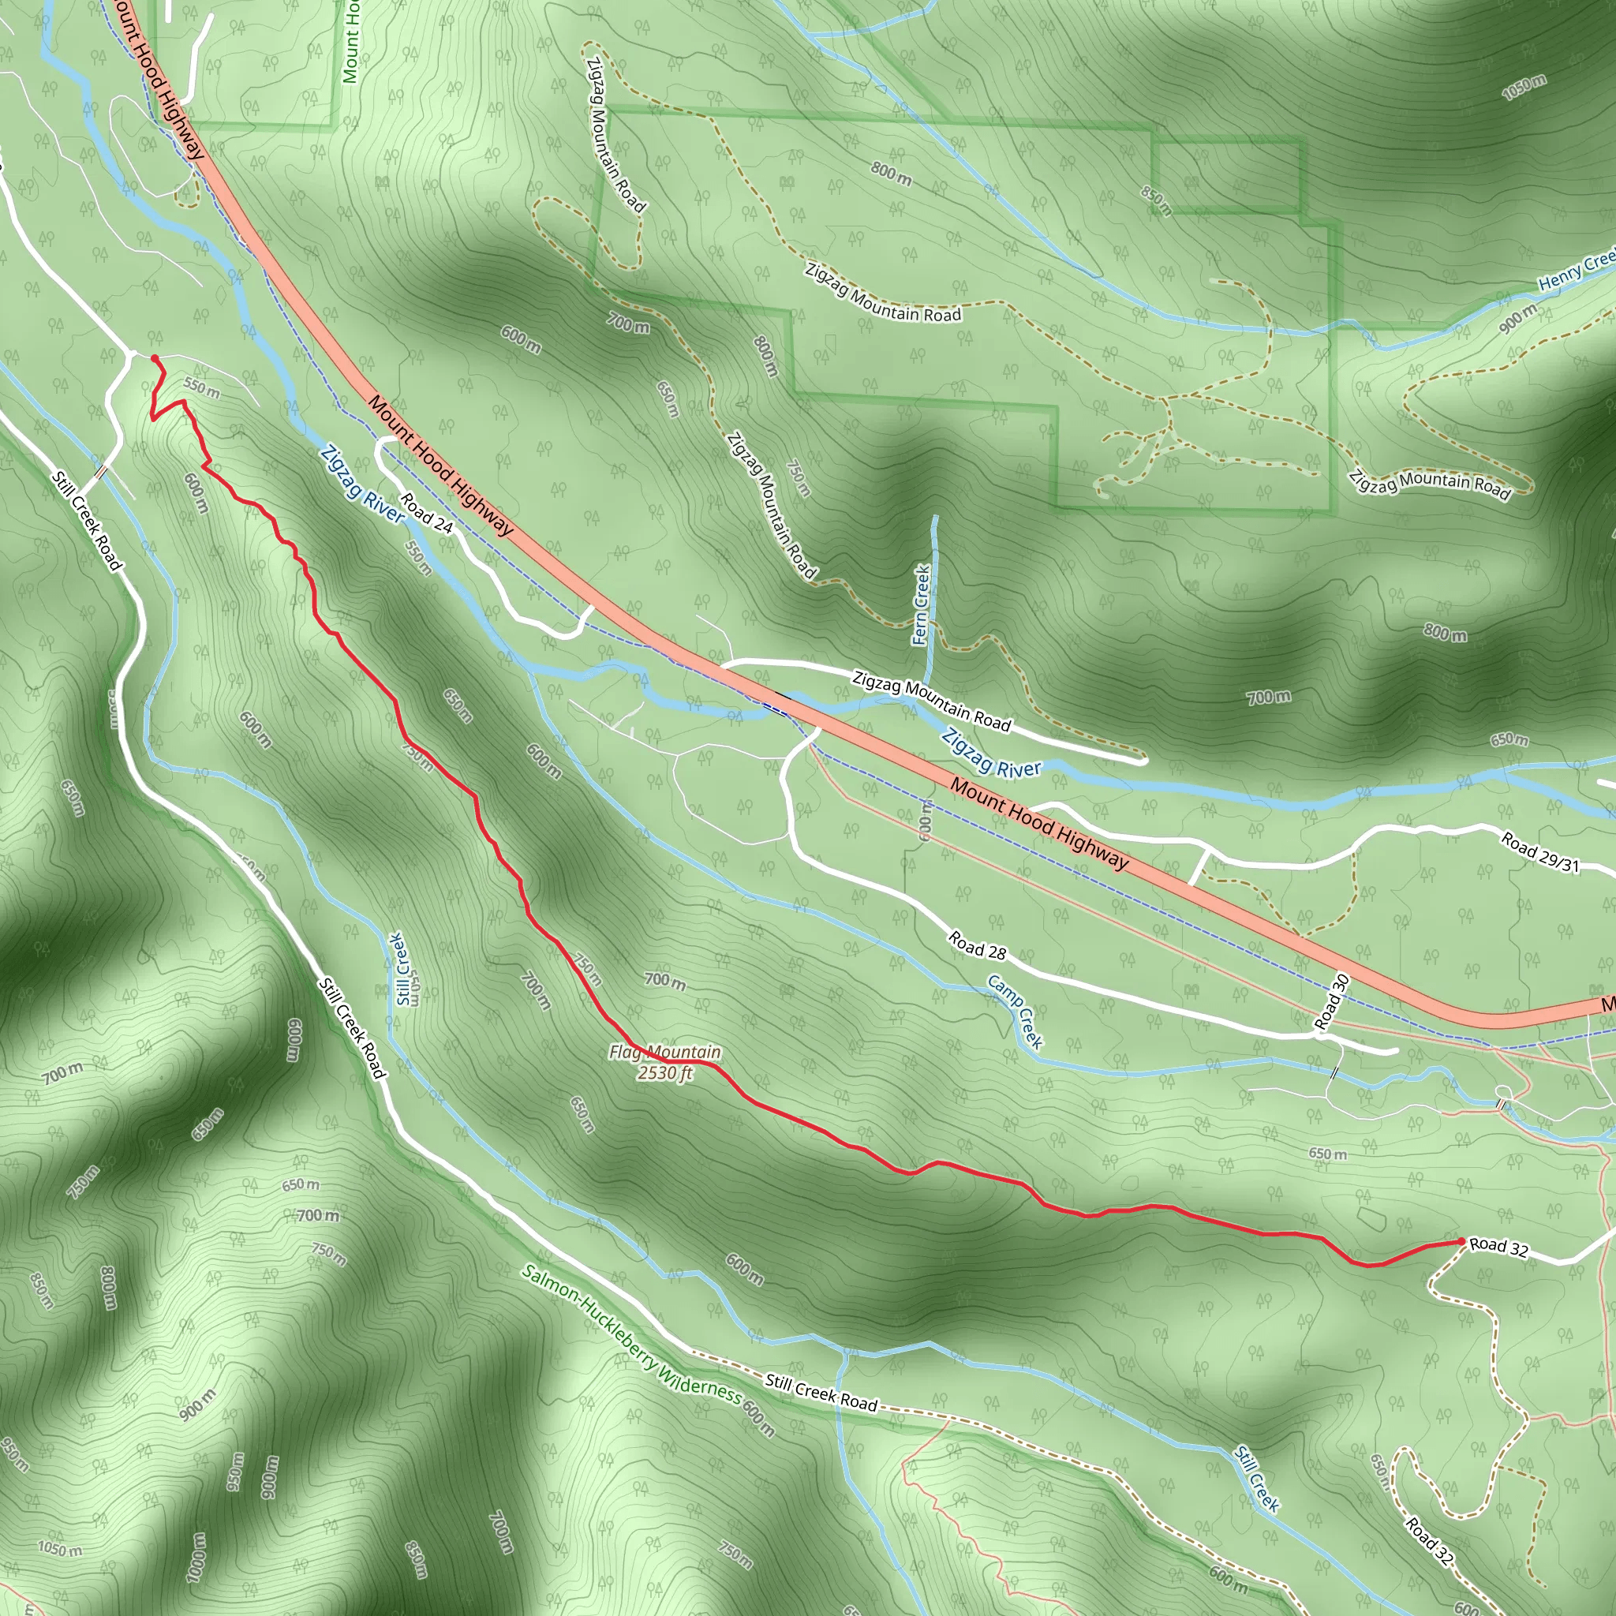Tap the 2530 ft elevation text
click(x=665, y=1073)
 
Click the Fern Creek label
click(x=921, y=604)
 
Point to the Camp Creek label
click(x=1016, y=1012)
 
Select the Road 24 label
click(x=427, y=513)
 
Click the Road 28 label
click(x=977, y=946)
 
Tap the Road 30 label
click(x=1333, y=1001)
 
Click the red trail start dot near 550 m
click(x=155, y=359)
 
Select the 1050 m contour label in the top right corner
click(x=1524, y=87)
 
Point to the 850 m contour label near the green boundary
click(x=1157, y=200)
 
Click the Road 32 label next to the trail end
click(x=1499, y=1248)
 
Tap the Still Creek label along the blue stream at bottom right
click(x=1257, y=1479)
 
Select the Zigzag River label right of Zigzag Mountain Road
click(x=991, y=752)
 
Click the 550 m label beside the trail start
click(x=201, y=388)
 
